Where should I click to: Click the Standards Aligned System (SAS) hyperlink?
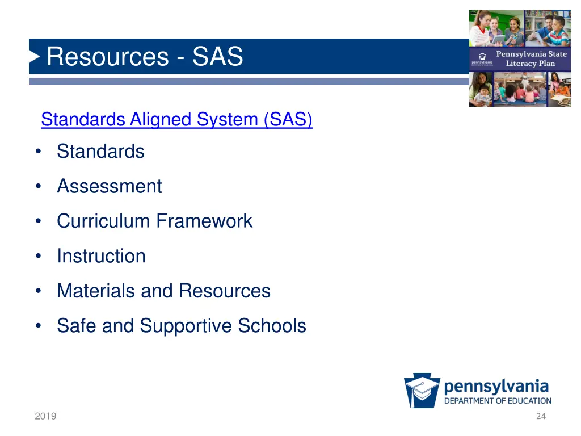click(x=176, y=120)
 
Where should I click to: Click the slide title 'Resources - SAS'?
click(x=145, y=57)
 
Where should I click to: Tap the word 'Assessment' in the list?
click(x=109, y=186)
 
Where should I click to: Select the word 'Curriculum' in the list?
click(x=103, y=221)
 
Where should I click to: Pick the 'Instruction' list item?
click(x=101, y=256)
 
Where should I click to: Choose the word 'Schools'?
click(x=272, y=326)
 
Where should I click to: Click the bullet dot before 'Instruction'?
click(x=38, y=257)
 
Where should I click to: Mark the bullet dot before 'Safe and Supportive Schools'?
click(x=38, y=326)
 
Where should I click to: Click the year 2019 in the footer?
click(x=45, y=416)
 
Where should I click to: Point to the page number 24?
click(x=541, y=416)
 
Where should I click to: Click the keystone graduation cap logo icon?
click(x=422, y=391)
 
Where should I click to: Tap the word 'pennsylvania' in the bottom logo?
click(x=496, y=387)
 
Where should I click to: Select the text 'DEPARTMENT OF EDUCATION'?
click(x=498, y=401)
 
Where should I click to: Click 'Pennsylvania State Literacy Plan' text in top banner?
click(x=531, y=58)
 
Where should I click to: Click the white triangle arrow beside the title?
click(x=35, y=57)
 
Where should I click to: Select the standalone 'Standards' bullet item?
click(x=100, y=152)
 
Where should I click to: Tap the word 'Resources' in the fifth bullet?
click(x=225, y=291)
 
